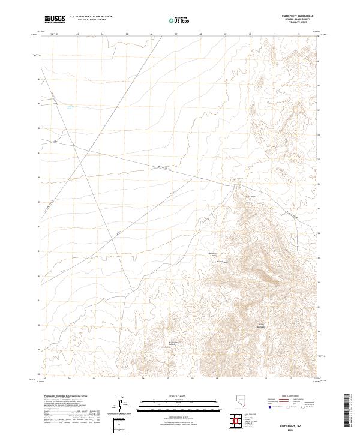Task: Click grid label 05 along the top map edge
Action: (127, 35)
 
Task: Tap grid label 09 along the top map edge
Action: (225, 35)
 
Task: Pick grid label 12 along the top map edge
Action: (298, 35)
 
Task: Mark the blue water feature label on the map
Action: (70, 107)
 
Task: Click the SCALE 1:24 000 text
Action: (172, 394)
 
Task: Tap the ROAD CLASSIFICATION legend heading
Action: (289, 397)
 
